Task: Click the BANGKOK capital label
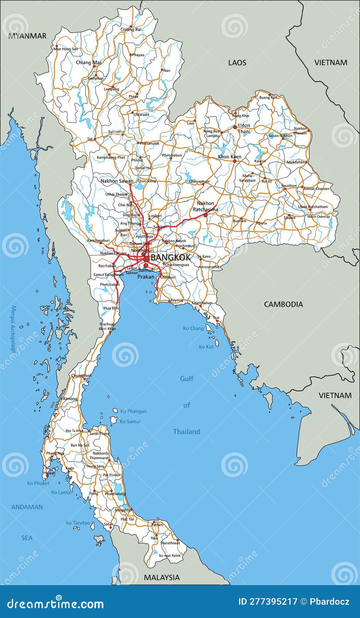(171, 257)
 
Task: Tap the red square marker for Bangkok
(147, 259)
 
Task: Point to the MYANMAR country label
(27, 36)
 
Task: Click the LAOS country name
(237, 63)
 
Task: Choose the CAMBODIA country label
(283, 304)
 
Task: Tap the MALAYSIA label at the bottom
(162, 577)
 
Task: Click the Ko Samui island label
(130, 421)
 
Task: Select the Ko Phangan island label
(133, 411)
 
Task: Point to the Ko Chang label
(193, 328)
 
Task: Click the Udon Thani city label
(244, 128)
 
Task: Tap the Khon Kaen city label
(230, 157)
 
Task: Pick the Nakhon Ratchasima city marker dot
(205, 215)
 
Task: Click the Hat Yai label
(127, 519)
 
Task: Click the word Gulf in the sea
(186, 378)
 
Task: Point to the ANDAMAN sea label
(27, 507)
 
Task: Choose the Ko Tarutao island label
(77, 523)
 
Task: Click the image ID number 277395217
(268, 602)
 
